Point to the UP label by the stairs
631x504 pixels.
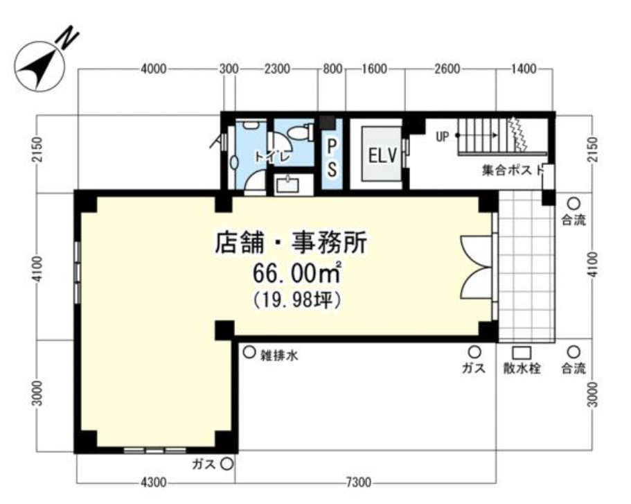443,136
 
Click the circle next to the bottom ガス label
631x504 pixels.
226,464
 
